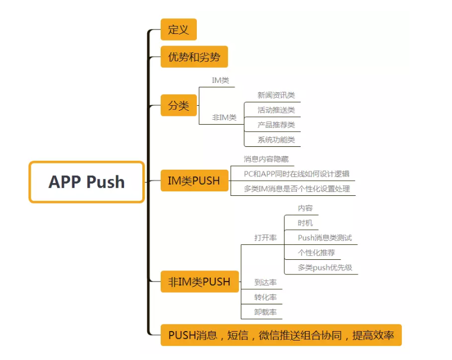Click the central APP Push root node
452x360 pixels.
coord(87,182)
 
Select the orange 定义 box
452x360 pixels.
coord(178,29)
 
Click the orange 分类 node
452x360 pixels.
coord(178,105)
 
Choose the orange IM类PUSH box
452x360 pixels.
coord(194,180)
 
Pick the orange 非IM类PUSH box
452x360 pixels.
coord(199,282)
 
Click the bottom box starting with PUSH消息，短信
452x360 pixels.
coord(281,336)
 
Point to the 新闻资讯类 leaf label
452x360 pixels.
coord(276,95)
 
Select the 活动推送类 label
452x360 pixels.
coord(276,110)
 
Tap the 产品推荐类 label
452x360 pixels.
coord(276,125)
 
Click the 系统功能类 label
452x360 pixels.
coord(276,140)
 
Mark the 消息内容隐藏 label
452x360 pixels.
coord(266,159)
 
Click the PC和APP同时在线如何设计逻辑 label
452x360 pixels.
coord(296,174)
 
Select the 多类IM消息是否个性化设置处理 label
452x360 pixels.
coord(296,189)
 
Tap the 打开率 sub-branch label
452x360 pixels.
coord(265,238)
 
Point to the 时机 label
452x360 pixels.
coord(305,223)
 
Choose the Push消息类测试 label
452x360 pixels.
coord(325,238)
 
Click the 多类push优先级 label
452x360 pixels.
coord(325,268)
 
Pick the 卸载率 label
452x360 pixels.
coord(265,312)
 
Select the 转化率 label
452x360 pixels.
coord(265,297)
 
